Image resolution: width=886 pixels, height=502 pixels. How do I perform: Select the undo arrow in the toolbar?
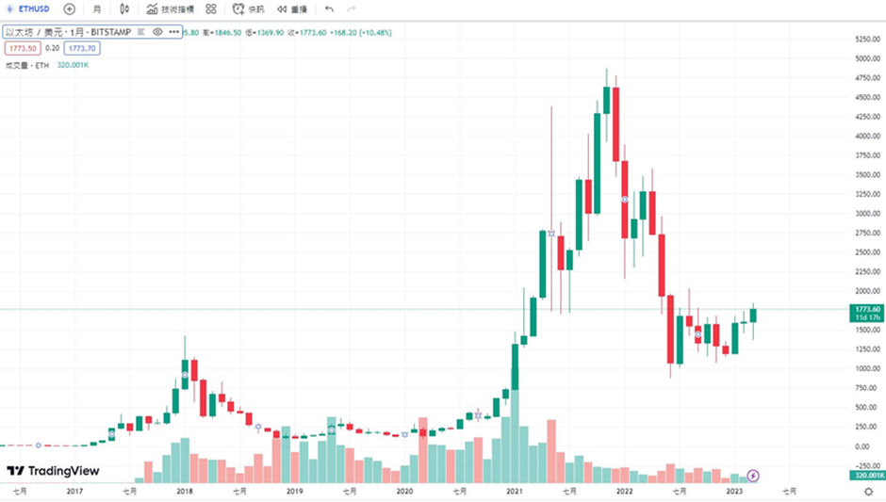pyautogui.click(x=329, y=8)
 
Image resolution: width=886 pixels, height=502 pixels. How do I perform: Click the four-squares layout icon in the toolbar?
pyautogui.click(x=210, y=8)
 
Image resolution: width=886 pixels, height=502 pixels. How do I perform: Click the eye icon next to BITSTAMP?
pyautogui.click(x=157, y=32)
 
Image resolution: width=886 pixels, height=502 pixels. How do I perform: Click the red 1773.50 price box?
pyautogui.click(x=22, y=48)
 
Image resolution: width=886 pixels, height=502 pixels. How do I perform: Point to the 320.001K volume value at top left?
pyautogui.click(x=73, y=65)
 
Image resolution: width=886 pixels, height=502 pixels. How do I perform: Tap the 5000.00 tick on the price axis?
pyautogui.click(x=866, y=58)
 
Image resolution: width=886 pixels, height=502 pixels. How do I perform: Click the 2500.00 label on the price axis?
pyautogui.click(x=866, y=251)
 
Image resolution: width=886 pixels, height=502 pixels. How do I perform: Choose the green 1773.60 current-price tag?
pyautogui.click(x=866, y=309)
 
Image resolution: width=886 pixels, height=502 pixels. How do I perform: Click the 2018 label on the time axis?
pyautogui.click(x=185, y=491)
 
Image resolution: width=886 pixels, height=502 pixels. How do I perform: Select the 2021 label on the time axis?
pyautogui.click(x=515, y=491)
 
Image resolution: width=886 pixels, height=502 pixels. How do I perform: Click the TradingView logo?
pyautogui.click(x=54, y=471)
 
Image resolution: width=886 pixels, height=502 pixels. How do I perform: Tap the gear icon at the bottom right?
pyautogui.click(x=868, y=491)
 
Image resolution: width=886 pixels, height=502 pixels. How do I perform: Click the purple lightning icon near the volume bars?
pyautogui.click(x=753, y=476)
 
